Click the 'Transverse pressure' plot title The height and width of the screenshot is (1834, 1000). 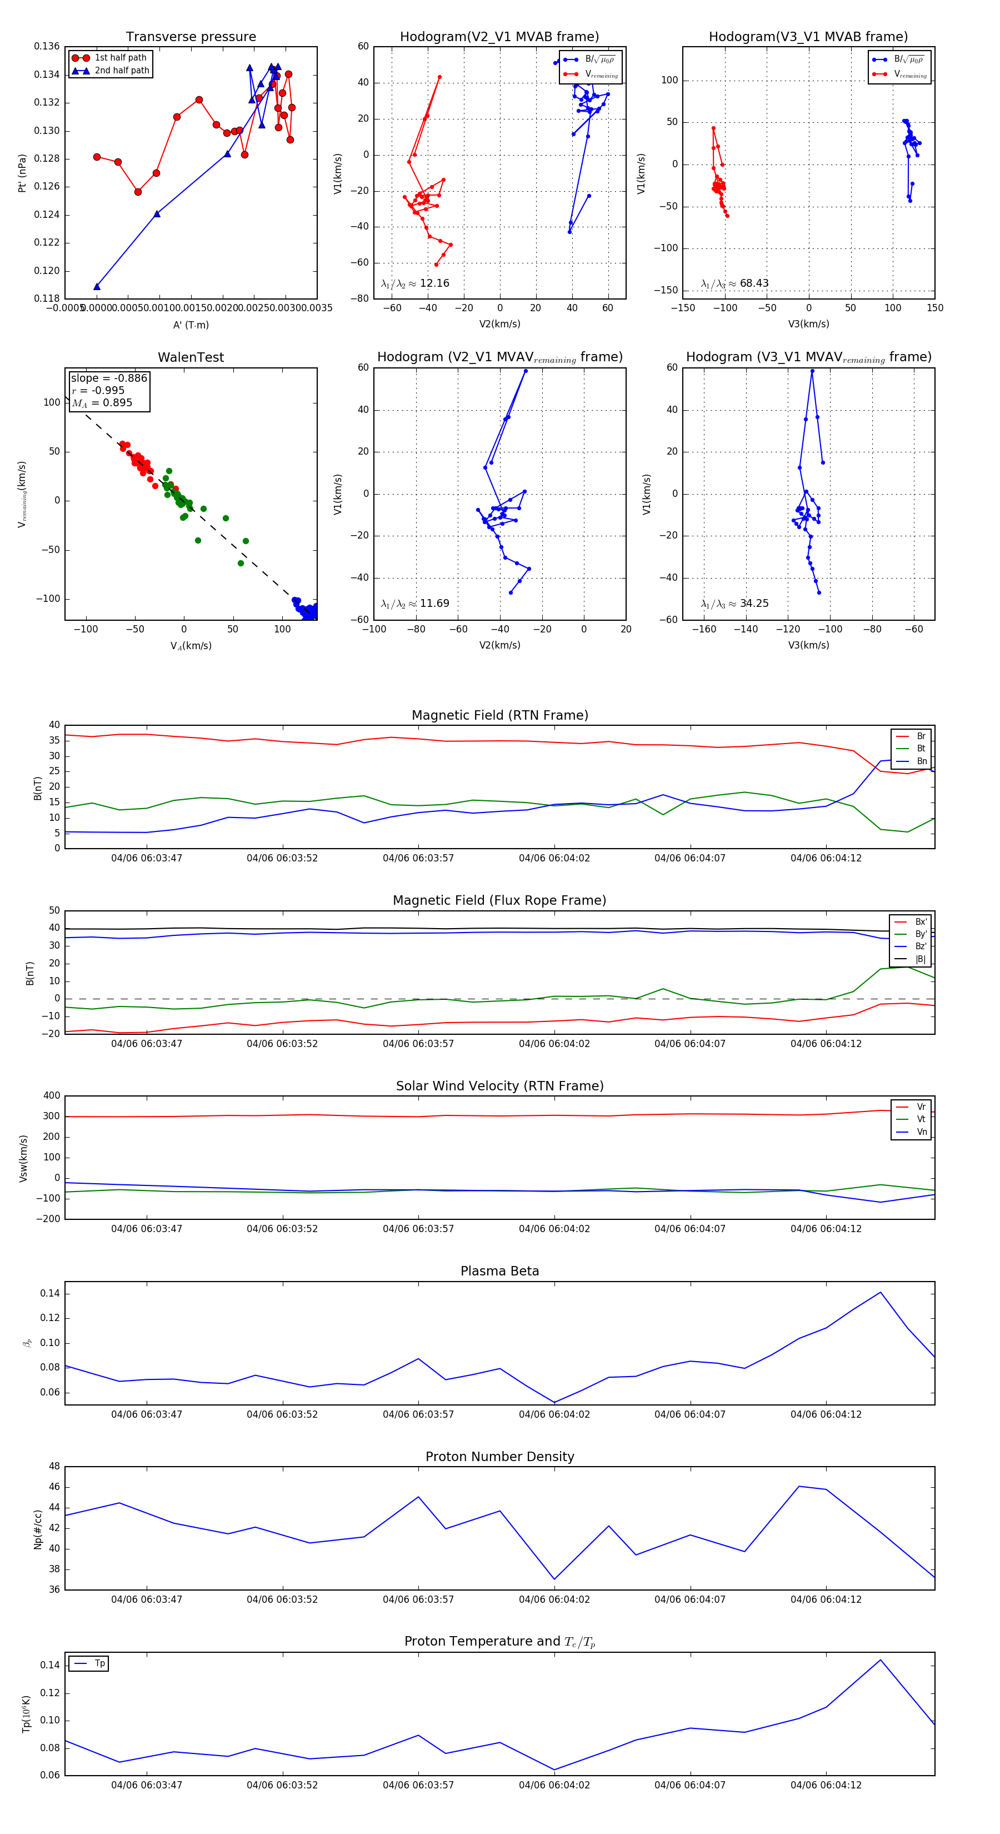click(x=191, y=37)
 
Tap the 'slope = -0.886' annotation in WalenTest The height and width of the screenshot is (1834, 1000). click(x=109, y=378)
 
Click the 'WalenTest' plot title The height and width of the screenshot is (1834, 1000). click(x=191, y=357)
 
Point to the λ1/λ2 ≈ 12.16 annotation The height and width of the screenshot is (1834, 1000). click(x=415, y=283)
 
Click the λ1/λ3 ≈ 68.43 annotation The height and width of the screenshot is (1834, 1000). click(x=734, y=283)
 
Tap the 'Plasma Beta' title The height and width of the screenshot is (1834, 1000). click(x=499, y=1272)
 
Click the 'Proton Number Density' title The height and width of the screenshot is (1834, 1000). click(x=499, y=1457)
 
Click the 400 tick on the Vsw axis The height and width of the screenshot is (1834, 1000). click(x=52, y=1096)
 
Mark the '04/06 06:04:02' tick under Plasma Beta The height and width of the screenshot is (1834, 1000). click(x=554, y=1414)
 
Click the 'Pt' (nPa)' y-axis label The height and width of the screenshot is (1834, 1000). click(x=22, y=173)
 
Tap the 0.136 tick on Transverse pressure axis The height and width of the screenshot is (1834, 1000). click(x=47, y=47)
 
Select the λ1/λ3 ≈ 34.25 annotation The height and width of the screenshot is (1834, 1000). click(x=734, y=604)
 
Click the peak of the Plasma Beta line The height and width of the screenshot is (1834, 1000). click(x=881, y=1292)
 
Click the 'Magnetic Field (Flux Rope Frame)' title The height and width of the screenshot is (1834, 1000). click(x=499, y=901)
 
